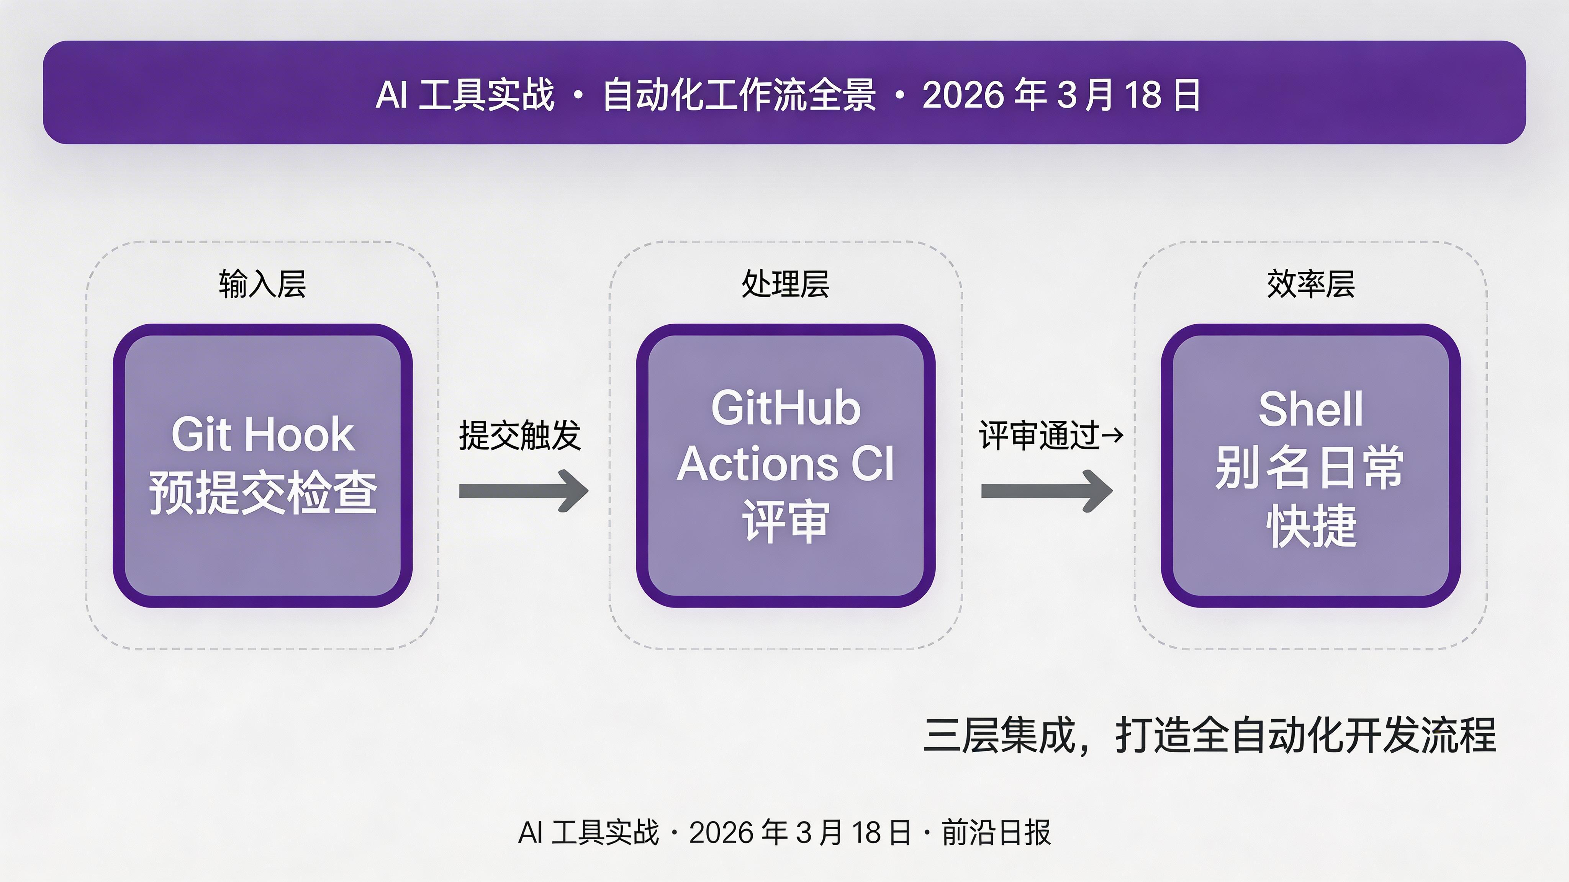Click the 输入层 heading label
pos(262,284)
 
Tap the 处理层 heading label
pos(785,284)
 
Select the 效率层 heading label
pos(1311,284)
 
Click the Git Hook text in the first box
pos(262,434)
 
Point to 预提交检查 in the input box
pos(262,492)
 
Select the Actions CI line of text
pos(786,464)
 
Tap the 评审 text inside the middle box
pos(786,521)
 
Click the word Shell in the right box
pos(1311,409)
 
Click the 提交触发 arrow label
pos(519,436)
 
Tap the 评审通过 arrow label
pos(1039,436)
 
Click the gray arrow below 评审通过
pos(1047,491)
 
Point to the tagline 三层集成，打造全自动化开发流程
pos(1210,735)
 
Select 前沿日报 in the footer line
pos(996,833)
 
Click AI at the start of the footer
pos(530,833)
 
